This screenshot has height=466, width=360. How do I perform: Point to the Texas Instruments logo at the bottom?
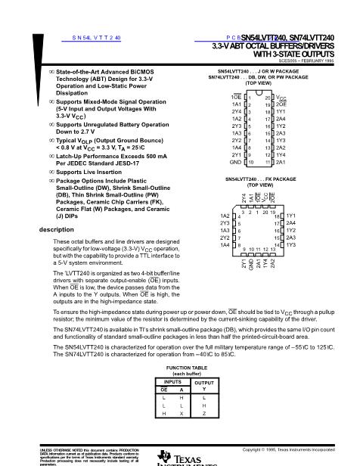click(180, 456)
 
